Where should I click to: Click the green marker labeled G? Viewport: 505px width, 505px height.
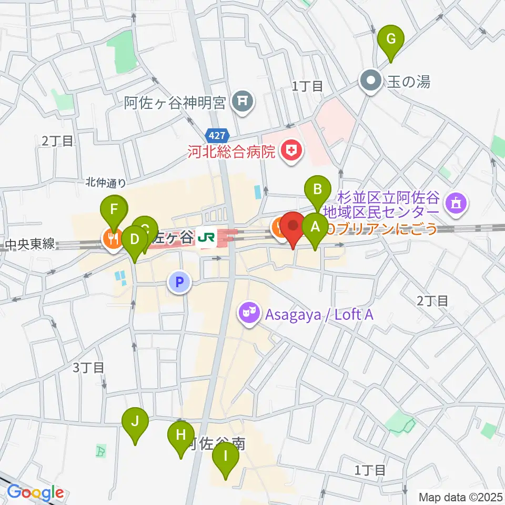pos(391,39)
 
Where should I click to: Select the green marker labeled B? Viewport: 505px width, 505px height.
pos(317,189)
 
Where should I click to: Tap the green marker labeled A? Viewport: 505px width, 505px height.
pos(316,227)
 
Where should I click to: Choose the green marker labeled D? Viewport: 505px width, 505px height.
pos(135,240)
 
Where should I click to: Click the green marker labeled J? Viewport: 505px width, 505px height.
pos(135,421)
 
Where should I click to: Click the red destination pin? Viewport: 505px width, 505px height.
pos(293,225)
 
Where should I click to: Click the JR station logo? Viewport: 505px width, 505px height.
pos(205,240)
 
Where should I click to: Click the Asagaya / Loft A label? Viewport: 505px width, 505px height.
pos(319,315)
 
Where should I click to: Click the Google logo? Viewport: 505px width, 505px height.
pos(35,493)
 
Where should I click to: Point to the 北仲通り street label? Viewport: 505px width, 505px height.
pos(106,183)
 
